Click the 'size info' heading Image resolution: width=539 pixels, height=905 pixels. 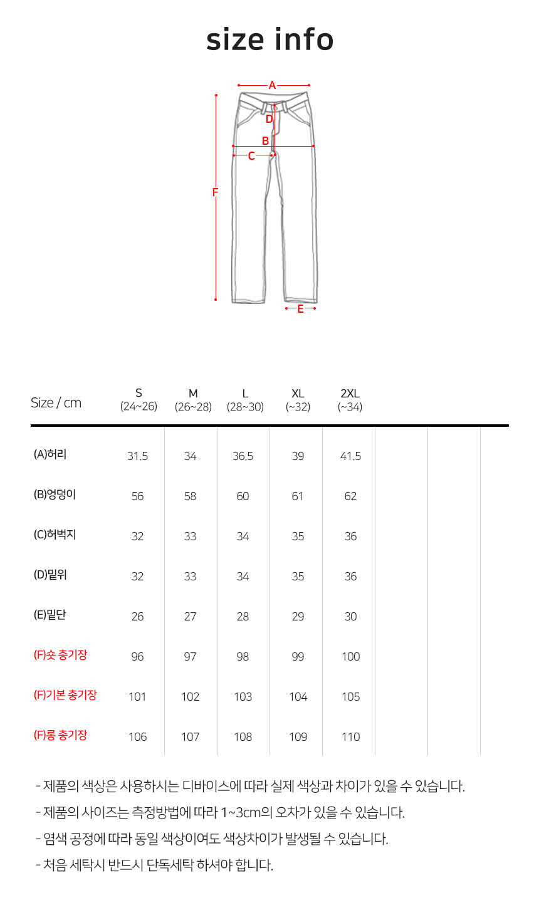(x=270, y=40)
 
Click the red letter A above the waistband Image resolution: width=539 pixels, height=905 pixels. (x=273, y=85)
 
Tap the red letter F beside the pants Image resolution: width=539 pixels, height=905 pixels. (x=215, y=192)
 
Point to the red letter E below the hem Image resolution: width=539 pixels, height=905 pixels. (x=300, y=309)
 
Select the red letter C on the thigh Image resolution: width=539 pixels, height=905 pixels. (x=251, y=156)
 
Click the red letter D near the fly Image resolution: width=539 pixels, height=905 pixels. (x=269, y=119)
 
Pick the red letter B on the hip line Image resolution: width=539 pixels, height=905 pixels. (x=266, y=140)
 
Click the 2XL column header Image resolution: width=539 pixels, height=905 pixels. (x=350, y=400)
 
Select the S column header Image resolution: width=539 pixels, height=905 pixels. (x=139, y=400)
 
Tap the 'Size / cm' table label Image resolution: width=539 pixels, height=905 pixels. (x=56, y=403)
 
